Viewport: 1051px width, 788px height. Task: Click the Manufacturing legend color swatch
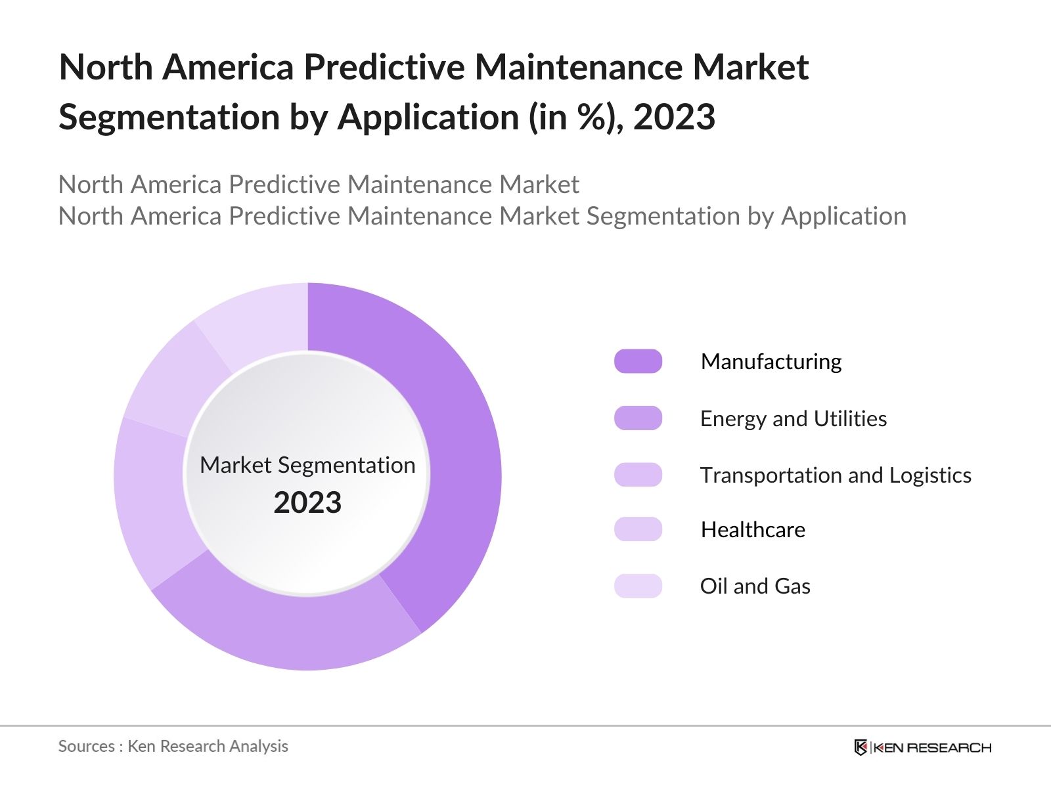638,361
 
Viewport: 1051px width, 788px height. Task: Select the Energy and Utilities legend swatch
638,418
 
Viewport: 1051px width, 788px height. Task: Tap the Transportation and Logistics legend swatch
638,475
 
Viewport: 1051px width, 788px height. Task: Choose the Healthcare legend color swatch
638,529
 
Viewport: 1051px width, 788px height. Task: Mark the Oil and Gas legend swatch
638,586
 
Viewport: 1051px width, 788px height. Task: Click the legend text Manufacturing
771,362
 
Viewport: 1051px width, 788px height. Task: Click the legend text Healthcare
753,529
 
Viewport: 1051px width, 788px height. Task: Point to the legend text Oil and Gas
755,586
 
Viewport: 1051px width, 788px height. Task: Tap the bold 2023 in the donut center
307,503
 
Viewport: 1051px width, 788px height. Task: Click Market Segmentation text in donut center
307,465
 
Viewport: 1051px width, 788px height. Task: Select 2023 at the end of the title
674,118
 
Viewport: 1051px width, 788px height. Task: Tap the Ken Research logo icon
861,747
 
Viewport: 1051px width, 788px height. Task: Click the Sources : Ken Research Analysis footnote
173,746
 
